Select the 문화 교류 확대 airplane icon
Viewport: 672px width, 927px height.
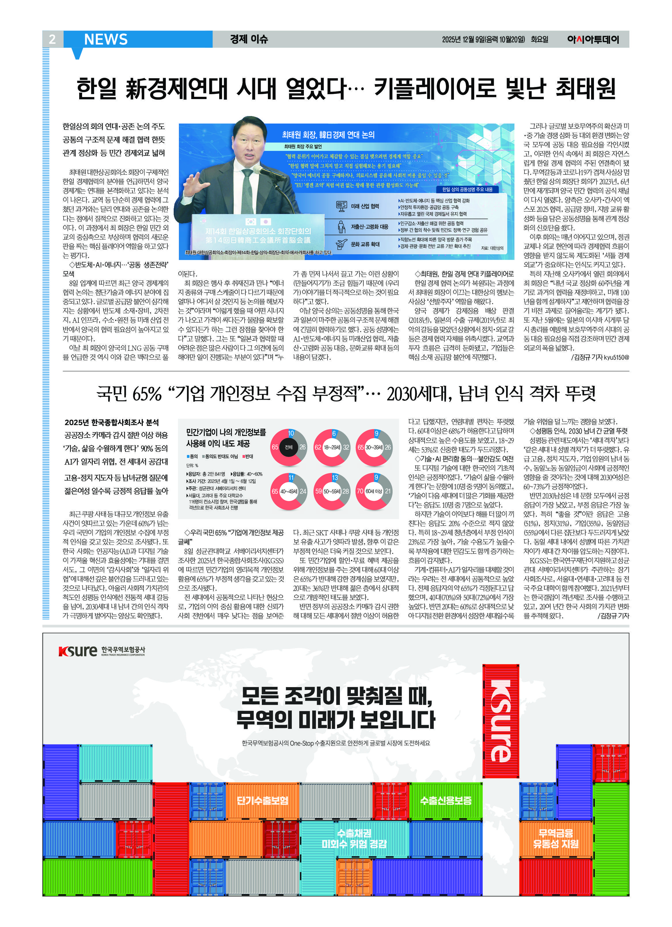pyautogui.click(x=341, y=244)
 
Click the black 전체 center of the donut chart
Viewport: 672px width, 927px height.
pyautogui.click(x=289, y=447)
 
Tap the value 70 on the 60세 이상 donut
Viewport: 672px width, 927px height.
pyautogui.click(x=360, y=491)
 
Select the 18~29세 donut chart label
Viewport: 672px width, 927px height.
pyautogui.click(x=332, y=447)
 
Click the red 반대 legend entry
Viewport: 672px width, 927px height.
pyautogui.click(x=248, y=456)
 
